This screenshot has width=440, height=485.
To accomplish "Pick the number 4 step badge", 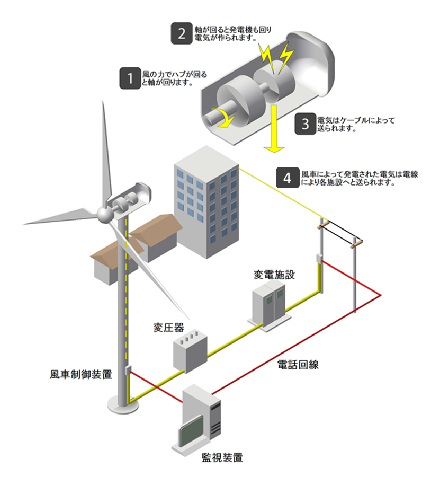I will [288, 178].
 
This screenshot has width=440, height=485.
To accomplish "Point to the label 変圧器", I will [168, 325].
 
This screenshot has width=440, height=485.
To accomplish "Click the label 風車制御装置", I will [85, 375].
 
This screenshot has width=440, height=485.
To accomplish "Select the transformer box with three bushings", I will [190, 349].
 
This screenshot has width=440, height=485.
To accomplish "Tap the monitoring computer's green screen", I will [190, 430].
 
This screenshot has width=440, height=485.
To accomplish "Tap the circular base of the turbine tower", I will [123, 400].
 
